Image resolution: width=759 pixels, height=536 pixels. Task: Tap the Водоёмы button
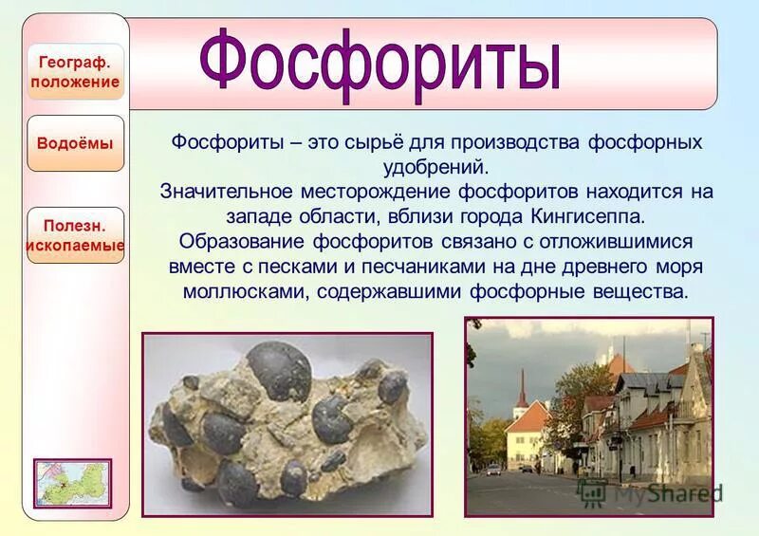(76, 143)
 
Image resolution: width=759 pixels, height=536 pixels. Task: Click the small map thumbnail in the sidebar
(73, 483)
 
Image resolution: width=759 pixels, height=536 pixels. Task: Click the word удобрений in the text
(437, 167)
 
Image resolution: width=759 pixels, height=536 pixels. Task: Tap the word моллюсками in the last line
(243, 291)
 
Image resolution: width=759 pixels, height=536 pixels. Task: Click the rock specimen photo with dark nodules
(287, 424)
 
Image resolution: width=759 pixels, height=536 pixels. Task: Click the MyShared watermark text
(664, 492)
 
